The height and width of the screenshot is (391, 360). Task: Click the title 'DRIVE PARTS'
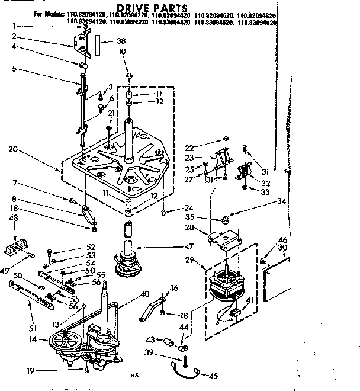[152, 7]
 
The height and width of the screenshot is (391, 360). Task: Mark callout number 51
[33, 328]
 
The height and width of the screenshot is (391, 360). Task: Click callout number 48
[13, 217]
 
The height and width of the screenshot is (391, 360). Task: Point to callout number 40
[144, 293]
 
